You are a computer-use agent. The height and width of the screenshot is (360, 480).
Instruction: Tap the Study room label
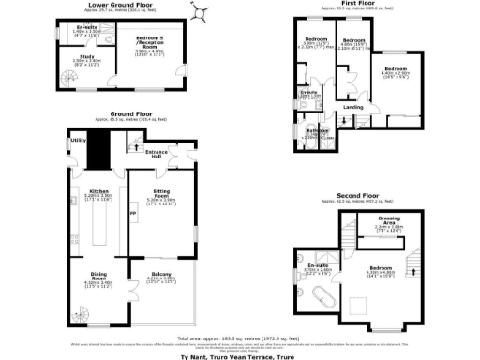[84, 57]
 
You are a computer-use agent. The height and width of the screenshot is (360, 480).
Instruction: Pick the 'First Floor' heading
[359, 5]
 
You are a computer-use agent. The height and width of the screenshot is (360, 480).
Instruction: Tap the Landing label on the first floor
[353, 107]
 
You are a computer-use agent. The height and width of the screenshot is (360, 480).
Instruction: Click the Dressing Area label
[388, 220]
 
